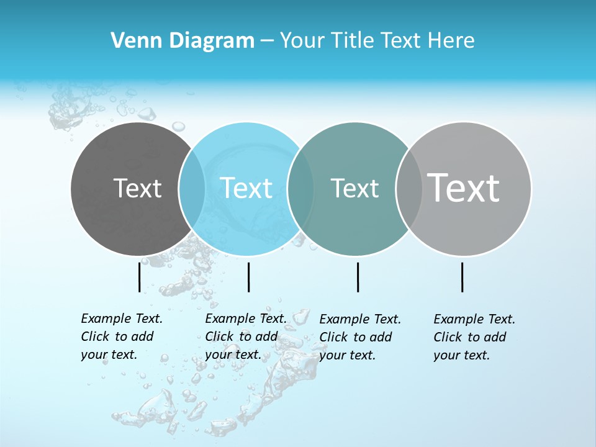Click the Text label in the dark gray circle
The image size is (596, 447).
click(x=137, y=188)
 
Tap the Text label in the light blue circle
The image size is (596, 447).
click(x=246, y=188)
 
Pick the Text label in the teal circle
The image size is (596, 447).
click(x=354, y=188)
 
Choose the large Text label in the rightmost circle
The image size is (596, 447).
click(x=464, y=187)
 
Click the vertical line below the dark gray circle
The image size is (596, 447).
click(x=140, y=277)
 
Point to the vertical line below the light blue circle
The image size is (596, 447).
click(x=248, y=277)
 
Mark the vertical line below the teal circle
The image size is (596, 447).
click(x=358, y=277)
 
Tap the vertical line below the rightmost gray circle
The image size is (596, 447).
click(x=463, y=277)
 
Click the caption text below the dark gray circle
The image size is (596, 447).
click(x=122, y=336)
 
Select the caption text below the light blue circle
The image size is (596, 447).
click(x=245, y=336)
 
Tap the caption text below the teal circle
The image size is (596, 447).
click(x=360, y=337)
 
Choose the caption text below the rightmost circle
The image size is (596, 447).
click(x=474, y=337)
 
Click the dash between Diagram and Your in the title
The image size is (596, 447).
click(x=267, y=41)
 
